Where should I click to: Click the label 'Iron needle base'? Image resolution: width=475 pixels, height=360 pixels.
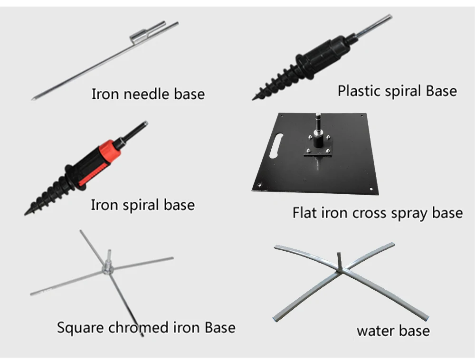point(148,94)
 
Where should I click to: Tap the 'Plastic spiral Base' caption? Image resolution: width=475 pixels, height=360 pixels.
point(397,90)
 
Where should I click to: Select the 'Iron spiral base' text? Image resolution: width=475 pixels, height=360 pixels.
point(142,205)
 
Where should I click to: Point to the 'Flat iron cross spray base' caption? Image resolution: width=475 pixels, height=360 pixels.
point(377,212)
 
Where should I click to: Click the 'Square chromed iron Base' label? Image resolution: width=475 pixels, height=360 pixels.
point(146,327)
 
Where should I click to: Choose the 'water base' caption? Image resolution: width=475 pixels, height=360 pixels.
point(393,331)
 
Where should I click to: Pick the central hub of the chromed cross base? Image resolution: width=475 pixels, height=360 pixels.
point(107,268)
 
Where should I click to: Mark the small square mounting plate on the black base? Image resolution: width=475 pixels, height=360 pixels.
point(317,146)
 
